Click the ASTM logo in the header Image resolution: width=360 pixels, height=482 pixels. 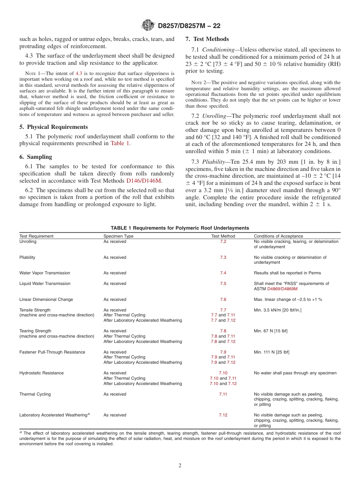pyautogui.click(x=148, y=25)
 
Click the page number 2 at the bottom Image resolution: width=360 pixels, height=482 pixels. pyautogui.click(x=180, y=466)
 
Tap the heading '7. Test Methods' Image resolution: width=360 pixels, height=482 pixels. pyautogui.click(x=207, y=39)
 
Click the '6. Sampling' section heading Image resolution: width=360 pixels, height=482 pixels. pyautogui.click(x=36, y=157)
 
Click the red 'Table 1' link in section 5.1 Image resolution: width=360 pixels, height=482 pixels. pyautogui.click(x=120, y=143)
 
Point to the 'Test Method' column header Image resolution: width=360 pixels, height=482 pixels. pyautogui.click(x=223, y=236)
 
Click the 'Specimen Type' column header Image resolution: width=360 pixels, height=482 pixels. pyautogui.click(x=119, y=236)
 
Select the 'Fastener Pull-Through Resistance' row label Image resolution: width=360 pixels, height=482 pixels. pyautogui.click(x=52, y=352)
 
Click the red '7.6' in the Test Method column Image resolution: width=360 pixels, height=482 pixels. pyautogui.click(x=223, y=299)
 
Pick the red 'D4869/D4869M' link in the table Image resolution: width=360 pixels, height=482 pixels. pyautogui.click(x=282, y=289)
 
